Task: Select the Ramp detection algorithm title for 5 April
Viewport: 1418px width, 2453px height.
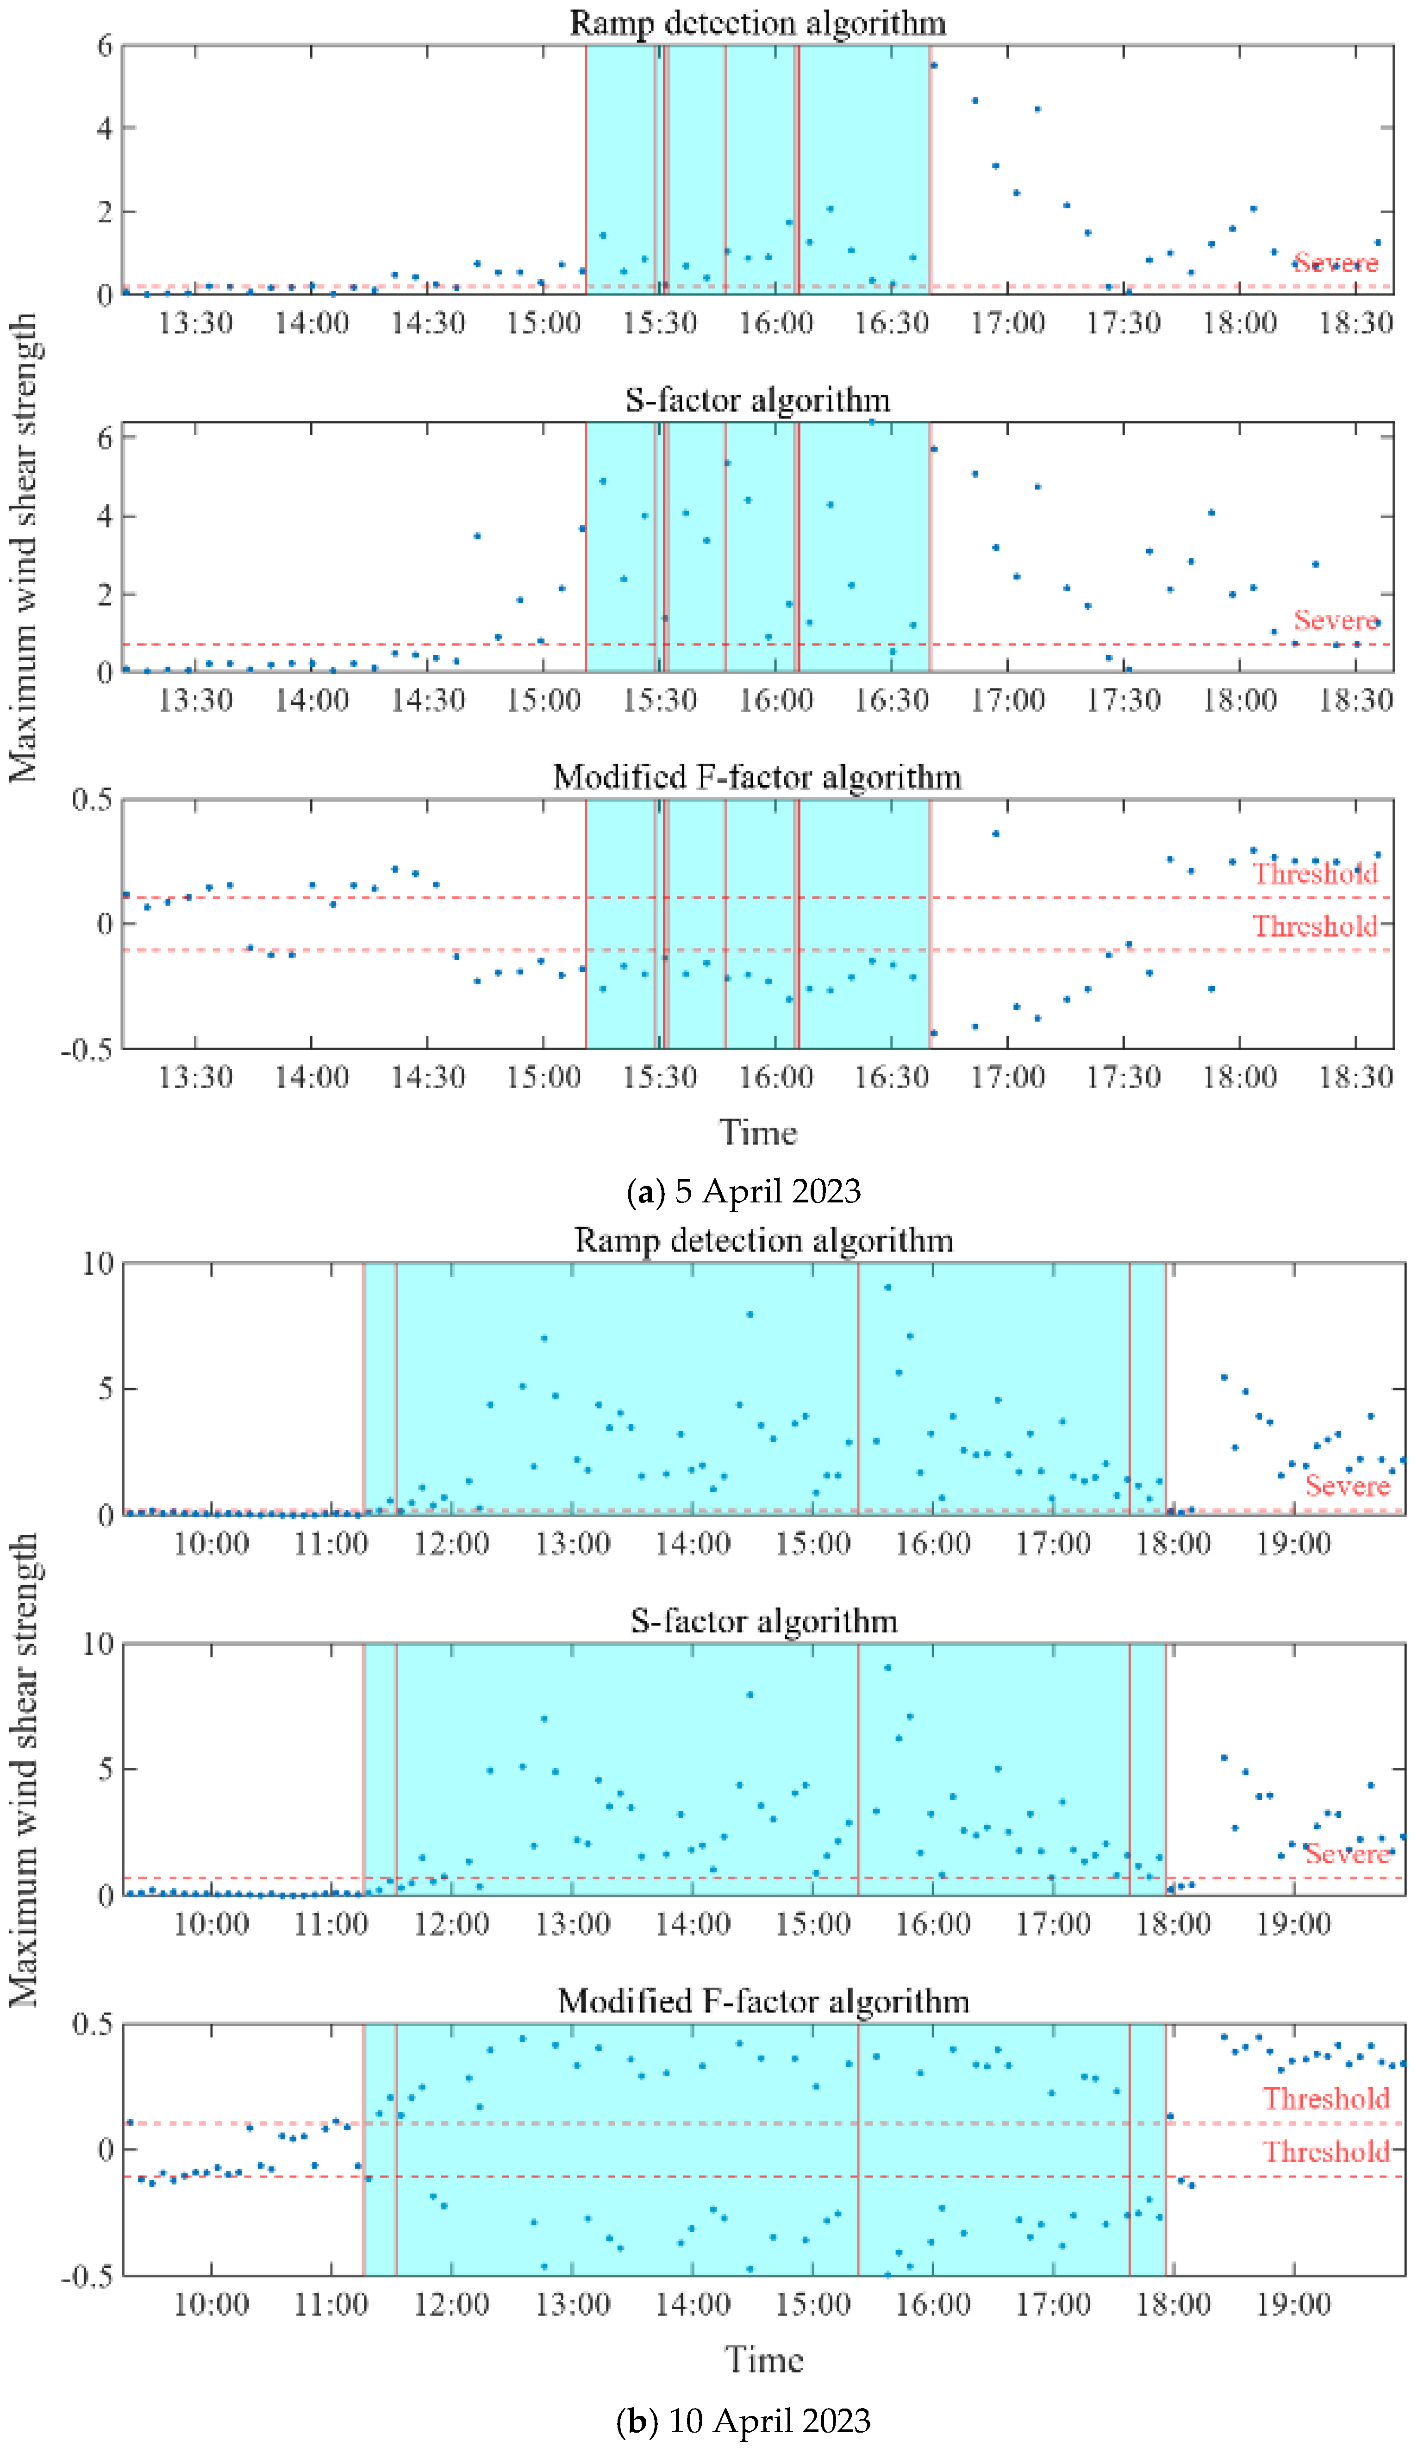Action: (x=757, y=22)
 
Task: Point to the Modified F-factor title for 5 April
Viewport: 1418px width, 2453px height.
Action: (x=757, y=777)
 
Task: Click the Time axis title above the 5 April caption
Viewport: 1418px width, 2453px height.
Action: (x=757, y=1132)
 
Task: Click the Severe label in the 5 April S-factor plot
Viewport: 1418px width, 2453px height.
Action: (x=1335, y=620)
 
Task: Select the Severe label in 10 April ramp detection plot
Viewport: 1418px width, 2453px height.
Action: (x=1347, y=1485)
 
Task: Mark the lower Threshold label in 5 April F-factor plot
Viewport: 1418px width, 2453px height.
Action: (x=1314, y=926)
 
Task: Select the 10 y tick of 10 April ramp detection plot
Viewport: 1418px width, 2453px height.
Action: (x=97, y=1264)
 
